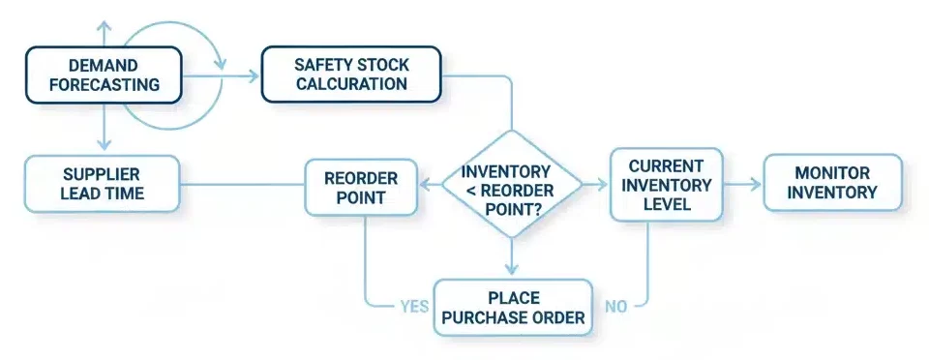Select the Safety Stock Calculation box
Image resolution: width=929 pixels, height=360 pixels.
click(x=351, y=75)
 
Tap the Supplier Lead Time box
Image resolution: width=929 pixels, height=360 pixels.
click(x=102, y=183)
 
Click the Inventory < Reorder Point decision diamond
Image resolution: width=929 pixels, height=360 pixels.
click(x=512, y=183)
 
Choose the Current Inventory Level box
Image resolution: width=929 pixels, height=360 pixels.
click(x=666, y=183)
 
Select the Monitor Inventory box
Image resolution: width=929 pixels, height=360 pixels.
click(x=832, y=183)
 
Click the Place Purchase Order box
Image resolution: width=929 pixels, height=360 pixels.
click(x=512, y=307)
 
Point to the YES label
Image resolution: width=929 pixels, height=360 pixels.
click(x=414, y=307)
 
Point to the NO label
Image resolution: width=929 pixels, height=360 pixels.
click(x=616, y=307)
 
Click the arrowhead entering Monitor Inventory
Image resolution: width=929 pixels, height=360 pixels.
click(x=756, y=183)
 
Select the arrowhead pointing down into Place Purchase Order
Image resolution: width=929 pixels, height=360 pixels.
click(x=512, y=270)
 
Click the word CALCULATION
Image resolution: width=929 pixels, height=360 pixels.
click(x=351, y=84)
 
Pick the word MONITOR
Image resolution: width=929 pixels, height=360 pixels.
click(x=832, y=173)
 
